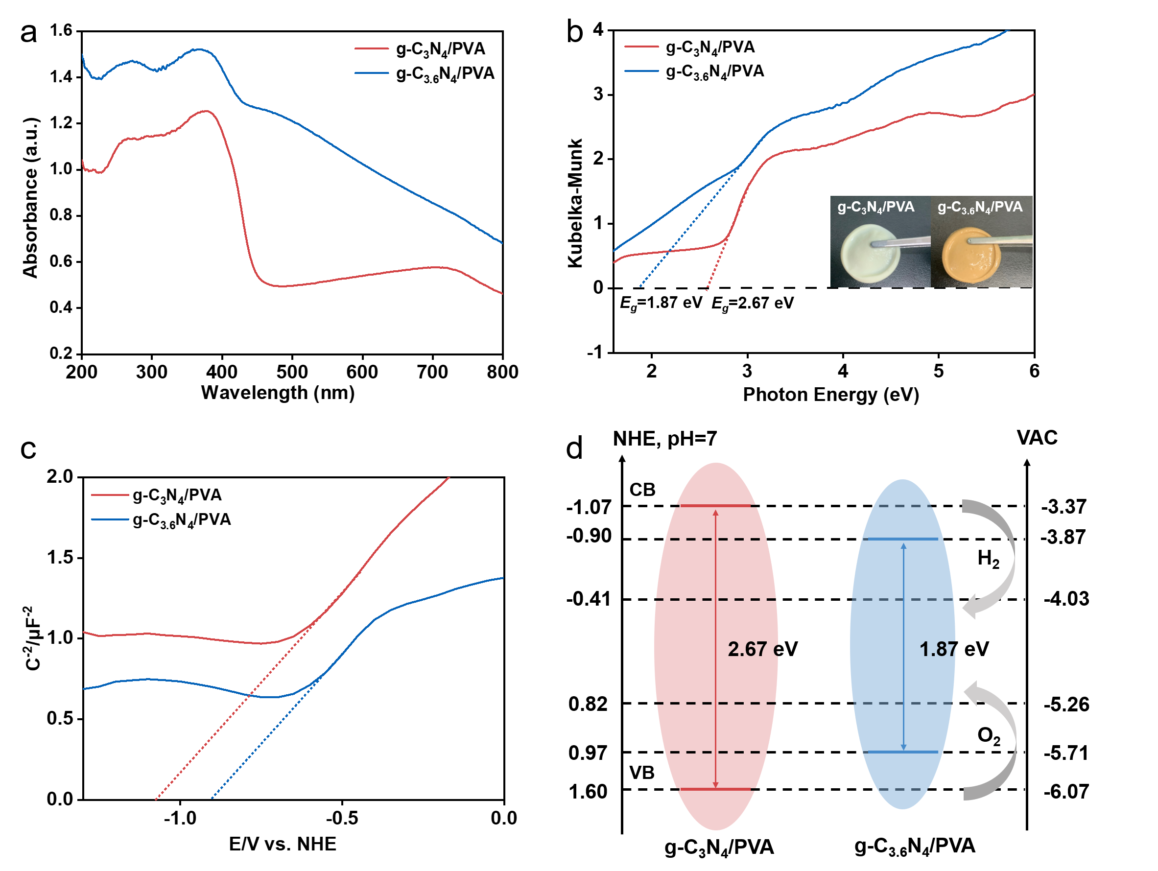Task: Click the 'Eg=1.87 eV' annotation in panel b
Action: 661,304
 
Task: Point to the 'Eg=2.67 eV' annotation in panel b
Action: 752,304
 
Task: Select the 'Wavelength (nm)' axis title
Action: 278,393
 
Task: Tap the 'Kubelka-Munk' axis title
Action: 575,203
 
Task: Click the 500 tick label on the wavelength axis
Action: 292,372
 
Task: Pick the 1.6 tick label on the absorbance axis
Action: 61,30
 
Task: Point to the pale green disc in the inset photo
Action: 871,255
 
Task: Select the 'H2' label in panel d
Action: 989,559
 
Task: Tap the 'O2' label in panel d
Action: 989,736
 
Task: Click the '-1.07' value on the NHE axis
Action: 589,507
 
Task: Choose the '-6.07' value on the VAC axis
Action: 1066,791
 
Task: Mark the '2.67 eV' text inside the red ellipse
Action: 763,649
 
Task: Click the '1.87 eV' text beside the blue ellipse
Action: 954,649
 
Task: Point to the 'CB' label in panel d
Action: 642,490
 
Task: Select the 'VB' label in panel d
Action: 642,773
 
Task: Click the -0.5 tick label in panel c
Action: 342,818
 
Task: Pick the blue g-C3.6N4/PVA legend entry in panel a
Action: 425,73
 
